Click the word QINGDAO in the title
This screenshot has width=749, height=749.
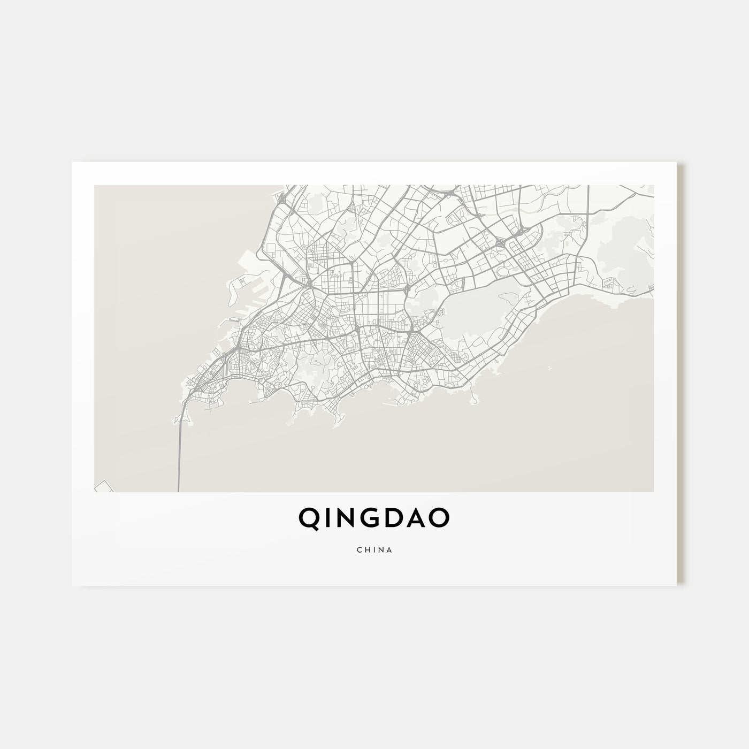click(374, 517)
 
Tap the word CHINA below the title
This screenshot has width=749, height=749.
click(374, 550)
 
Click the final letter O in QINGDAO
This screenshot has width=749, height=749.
click(440, 517)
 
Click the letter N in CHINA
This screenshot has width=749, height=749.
click(381, 550)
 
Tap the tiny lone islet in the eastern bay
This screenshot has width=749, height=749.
click(549, 368)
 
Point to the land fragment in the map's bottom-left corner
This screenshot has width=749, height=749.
click(102, 485)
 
